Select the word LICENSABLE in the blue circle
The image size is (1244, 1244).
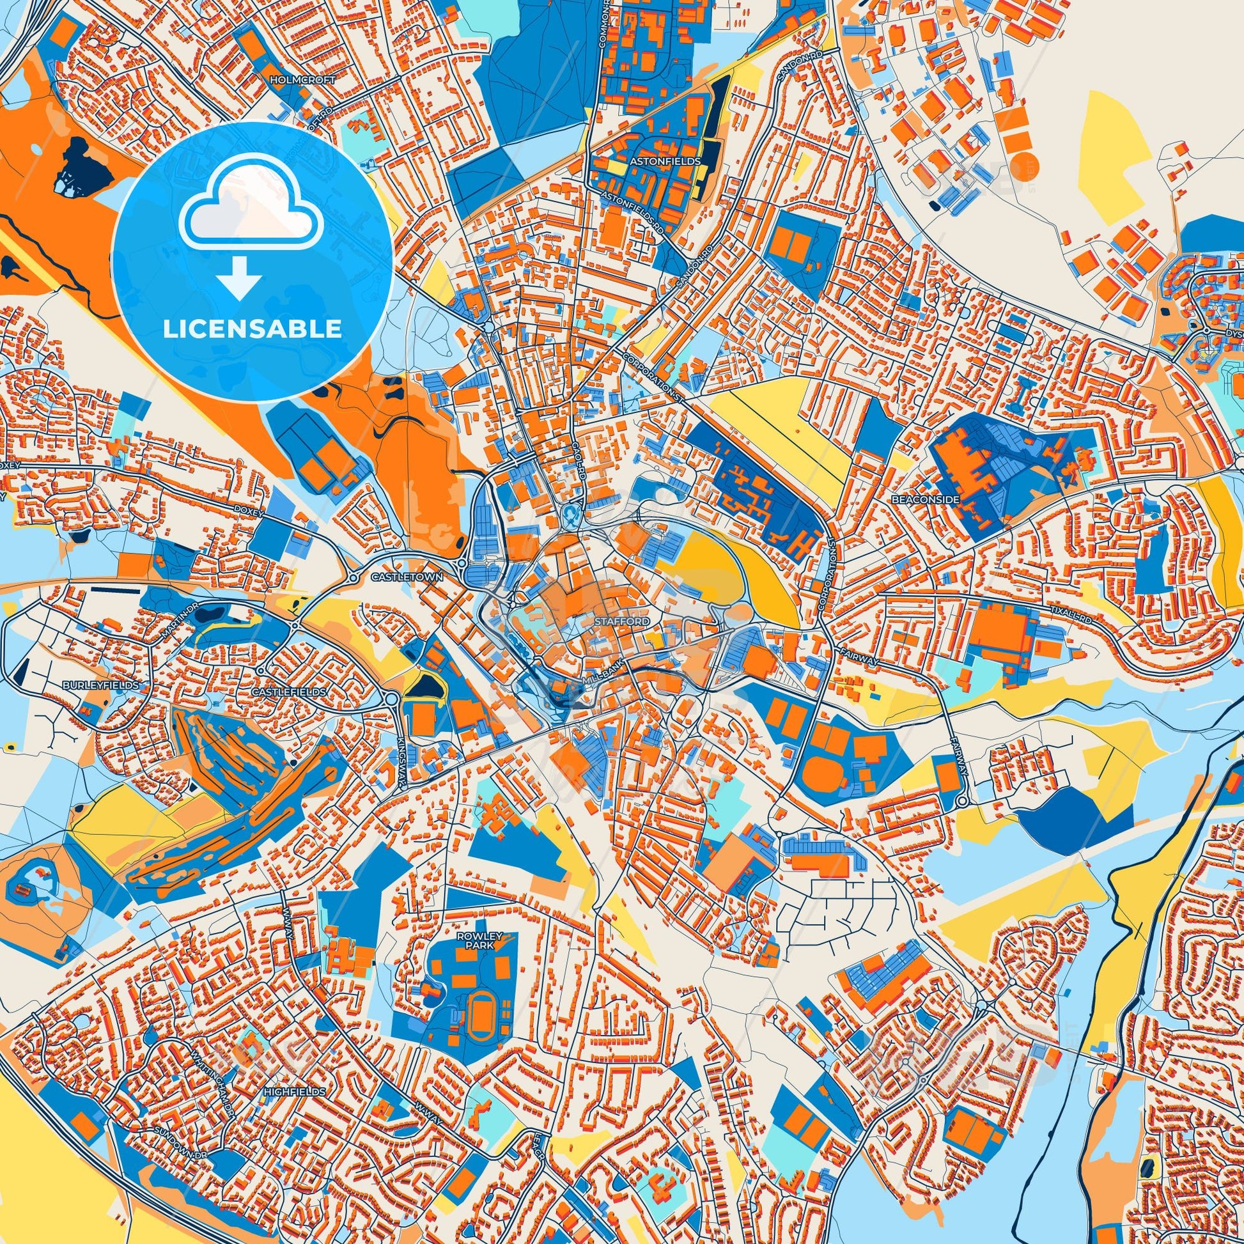pos(252,329)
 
